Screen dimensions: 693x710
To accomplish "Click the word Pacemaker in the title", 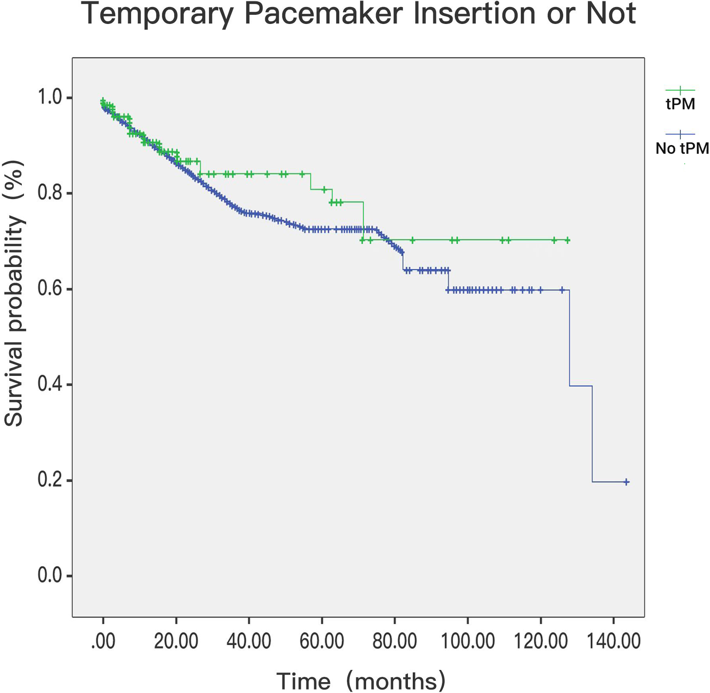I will click(323, 14).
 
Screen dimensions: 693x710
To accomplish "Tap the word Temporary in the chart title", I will click(157, 14).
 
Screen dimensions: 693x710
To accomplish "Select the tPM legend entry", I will click(680, 104).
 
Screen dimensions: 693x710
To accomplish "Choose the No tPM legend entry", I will click(682, 149).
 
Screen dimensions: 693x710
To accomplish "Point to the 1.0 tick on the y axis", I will click(50, 97).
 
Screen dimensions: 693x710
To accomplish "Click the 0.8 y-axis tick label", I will click(50, 193).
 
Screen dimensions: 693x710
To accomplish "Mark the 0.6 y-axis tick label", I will click(50, 289).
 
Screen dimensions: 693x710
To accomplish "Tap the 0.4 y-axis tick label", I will click(50, 385).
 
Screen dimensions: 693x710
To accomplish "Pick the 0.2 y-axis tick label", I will click(50, 480).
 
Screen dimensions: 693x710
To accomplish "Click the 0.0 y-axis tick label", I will click(50, 576).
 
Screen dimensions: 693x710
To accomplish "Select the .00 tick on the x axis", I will click(103, 642).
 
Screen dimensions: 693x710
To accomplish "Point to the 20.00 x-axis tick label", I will click(176, 642).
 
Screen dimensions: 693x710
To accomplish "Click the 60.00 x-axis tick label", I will click(322, 642).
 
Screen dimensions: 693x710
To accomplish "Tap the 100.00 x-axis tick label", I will click(468, 642).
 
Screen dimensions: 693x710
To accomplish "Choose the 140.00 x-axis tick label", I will click(614, 642).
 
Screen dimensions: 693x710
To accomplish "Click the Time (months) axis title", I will click(361, 681).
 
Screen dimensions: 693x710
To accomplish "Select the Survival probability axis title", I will click(14, 293).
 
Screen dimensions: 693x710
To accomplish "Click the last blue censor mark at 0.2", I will click(626, 482).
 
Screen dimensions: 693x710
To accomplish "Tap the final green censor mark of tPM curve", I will click(567, 240).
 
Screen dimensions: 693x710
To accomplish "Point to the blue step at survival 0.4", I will click(581, 386).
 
